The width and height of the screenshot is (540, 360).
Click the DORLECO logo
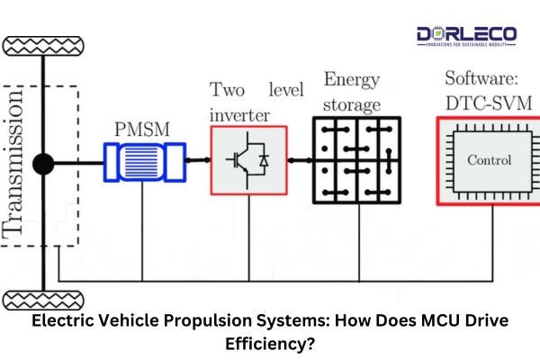pos(466,36)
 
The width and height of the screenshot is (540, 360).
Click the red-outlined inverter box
pos(248,159)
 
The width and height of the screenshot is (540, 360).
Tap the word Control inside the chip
pos(490,161)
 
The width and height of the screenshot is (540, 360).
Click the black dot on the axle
pos(41,165)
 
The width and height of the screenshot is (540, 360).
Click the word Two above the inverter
pos(228,90)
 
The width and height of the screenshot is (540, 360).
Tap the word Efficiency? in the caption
pos(269,343)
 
